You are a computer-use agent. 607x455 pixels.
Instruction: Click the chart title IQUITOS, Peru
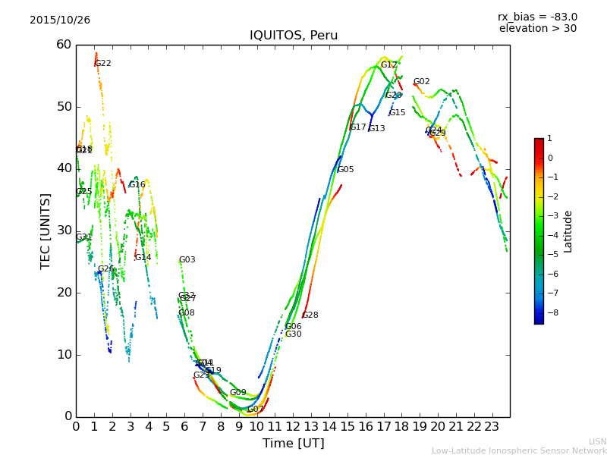(294, 36)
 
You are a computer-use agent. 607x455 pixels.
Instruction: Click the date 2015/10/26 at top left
(60, 20)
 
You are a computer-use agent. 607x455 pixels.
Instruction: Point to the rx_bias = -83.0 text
(537, 17)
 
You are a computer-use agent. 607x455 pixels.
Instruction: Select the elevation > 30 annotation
(538, 29)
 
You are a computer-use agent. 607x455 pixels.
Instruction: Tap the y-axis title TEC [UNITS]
(46, 231)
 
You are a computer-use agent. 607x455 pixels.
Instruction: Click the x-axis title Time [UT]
(293, 443)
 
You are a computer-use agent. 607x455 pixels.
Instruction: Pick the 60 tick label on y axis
(63, 45)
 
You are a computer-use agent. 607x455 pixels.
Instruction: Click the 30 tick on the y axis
(63, 231)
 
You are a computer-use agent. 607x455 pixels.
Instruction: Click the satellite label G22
(103, 64)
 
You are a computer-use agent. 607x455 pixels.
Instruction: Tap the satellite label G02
(421, 82)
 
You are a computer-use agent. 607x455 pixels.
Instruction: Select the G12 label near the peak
(389, 65)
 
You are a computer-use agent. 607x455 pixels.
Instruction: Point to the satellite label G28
(310, 315)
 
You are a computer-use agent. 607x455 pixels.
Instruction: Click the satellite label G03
(187, 260)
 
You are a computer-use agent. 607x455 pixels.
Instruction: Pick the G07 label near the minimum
(255, 409)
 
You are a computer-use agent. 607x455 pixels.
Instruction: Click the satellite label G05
(345, 170)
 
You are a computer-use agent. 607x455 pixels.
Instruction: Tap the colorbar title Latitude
(568, 231)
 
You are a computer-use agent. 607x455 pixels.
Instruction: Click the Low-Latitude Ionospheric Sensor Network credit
(519, 450)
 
